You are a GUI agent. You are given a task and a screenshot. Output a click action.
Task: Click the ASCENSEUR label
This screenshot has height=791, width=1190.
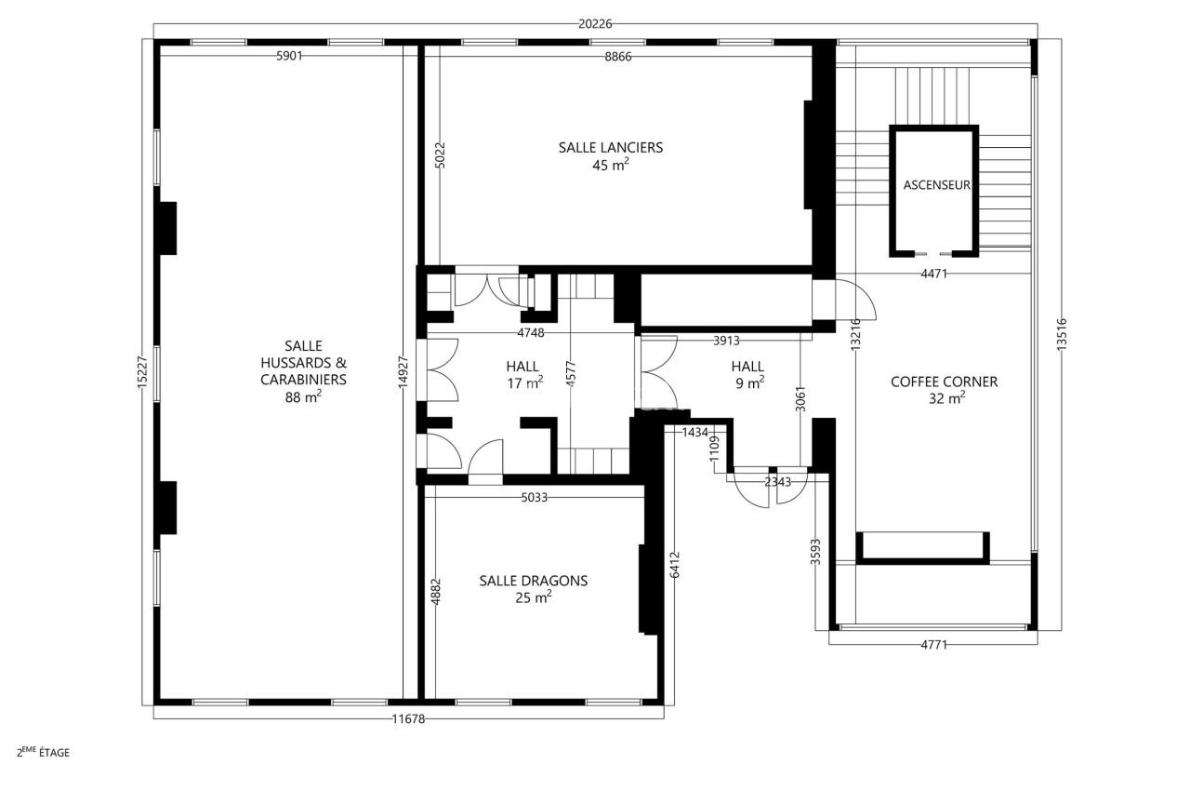[x=936, y=185]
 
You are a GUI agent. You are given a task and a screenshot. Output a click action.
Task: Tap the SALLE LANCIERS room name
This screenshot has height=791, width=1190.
[x=611, y=147]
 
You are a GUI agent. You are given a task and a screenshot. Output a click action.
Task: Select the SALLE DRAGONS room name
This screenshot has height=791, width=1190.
[x=534, y=581]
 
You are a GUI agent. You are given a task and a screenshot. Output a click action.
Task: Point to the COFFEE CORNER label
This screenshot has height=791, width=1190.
[x=944, y=382]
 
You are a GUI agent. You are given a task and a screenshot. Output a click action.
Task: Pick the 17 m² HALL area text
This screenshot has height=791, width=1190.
[x=523, y=382]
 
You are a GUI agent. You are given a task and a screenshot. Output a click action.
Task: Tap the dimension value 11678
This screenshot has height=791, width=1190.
[x=408, y=718]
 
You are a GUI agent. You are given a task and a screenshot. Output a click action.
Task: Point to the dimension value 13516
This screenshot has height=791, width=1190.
[x=1062, y=333]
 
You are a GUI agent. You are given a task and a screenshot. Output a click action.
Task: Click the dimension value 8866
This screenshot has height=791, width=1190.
[x=617, y=56]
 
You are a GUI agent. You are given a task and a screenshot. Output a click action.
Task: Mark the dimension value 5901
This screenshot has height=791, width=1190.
[x=289, y=56]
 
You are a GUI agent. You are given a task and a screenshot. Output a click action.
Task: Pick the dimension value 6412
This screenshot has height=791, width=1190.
[x=675, y=565]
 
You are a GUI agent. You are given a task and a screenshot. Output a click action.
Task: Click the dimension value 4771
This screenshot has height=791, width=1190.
[x=933, y=644]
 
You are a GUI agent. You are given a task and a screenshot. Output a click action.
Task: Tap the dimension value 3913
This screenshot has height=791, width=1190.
[x=727, y=341]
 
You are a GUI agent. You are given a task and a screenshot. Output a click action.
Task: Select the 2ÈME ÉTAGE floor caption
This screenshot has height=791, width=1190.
[x=43, y=752]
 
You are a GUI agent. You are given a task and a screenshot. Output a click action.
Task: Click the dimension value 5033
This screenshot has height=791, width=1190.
[x=534, y=498]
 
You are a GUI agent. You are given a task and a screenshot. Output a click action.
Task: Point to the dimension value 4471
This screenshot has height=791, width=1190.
[x=934, y=274]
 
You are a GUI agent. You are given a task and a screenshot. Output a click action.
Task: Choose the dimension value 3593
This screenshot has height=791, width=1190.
[x=815, y=551]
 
